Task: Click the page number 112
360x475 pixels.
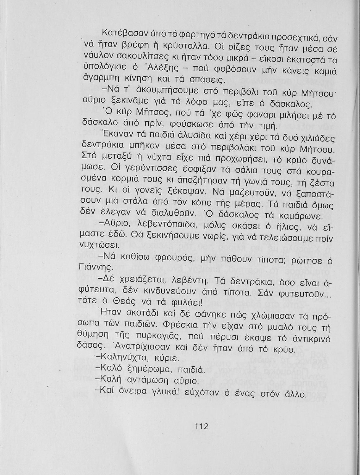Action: click(x=201, y=426)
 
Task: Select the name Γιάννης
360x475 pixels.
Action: click(x=95, y=268)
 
